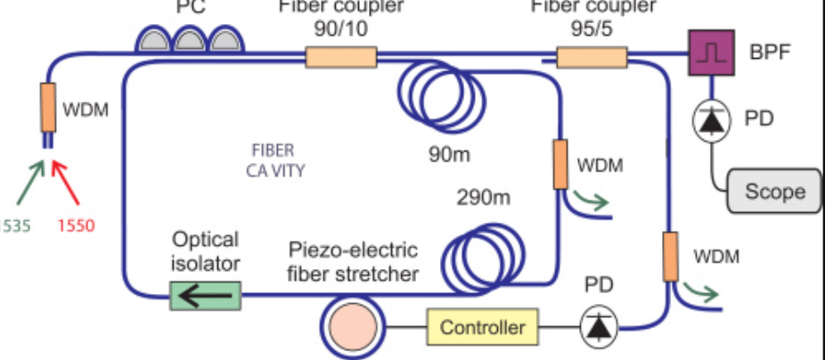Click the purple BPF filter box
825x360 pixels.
(710, 53)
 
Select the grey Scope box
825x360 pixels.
(774, 191)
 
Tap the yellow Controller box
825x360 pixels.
(483, 327)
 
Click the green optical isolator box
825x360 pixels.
(205, 294)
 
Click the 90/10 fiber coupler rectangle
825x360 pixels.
(340, 58)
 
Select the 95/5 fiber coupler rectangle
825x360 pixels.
(592, 58)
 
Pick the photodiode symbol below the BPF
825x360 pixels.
(710, 122)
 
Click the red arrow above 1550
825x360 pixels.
(69, 182)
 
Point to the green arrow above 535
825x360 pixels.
(28, 182)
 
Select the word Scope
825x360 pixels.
(774, 191)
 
